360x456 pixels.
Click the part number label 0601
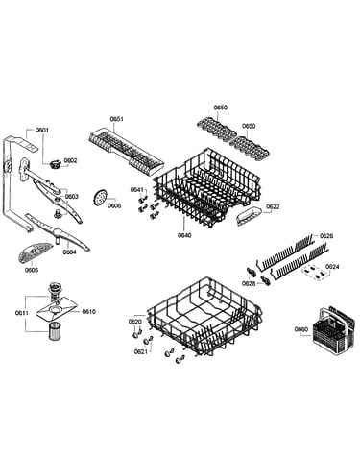[41, 130]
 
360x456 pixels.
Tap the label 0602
[70, 160]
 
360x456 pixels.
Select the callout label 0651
[117, 119]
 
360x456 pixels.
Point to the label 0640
[184, 235]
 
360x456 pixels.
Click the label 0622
[273, 206]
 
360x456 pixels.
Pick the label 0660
[301, 329]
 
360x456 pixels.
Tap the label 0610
[88, 312]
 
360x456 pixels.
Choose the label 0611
[22, 313]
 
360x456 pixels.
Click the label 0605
[32, 270]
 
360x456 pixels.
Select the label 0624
[332, 266]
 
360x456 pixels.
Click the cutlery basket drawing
[334, 330]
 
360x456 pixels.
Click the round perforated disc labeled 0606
[100, 197]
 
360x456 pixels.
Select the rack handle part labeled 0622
[249, 217]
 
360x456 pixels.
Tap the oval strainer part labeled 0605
[36, 253]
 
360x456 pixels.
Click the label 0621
[141, 351]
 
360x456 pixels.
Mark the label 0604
[69, 252]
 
